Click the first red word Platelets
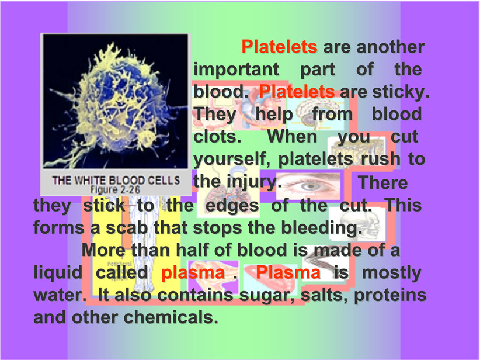coord(279,47)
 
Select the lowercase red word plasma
coord(193,273)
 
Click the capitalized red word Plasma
coord(288,272)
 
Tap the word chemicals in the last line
coord(171,317)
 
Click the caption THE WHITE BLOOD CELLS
coord(116,180)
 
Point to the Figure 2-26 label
coord(115,190)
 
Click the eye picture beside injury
coord(308,186)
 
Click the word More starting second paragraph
coord(104,250)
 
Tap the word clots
coord(217,136)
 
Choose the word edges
coord(232,206)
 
